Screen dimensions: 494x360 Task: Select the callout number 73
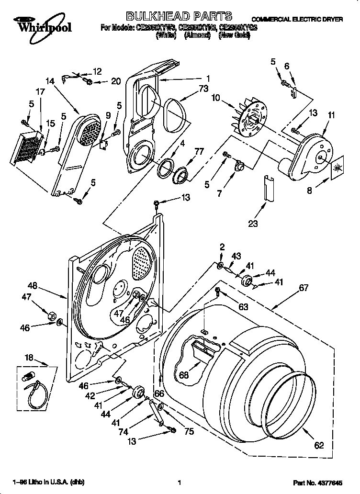[x=204, y=89]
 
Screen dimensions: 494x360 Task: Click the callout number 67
[x=304, y=288]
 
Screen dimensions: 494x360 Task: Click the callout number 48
[x=32, y=286]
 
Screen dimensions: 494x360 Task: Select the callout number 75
[x=189, y=431]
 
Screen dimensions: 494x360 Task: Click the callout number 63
[x=243, y=307]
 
